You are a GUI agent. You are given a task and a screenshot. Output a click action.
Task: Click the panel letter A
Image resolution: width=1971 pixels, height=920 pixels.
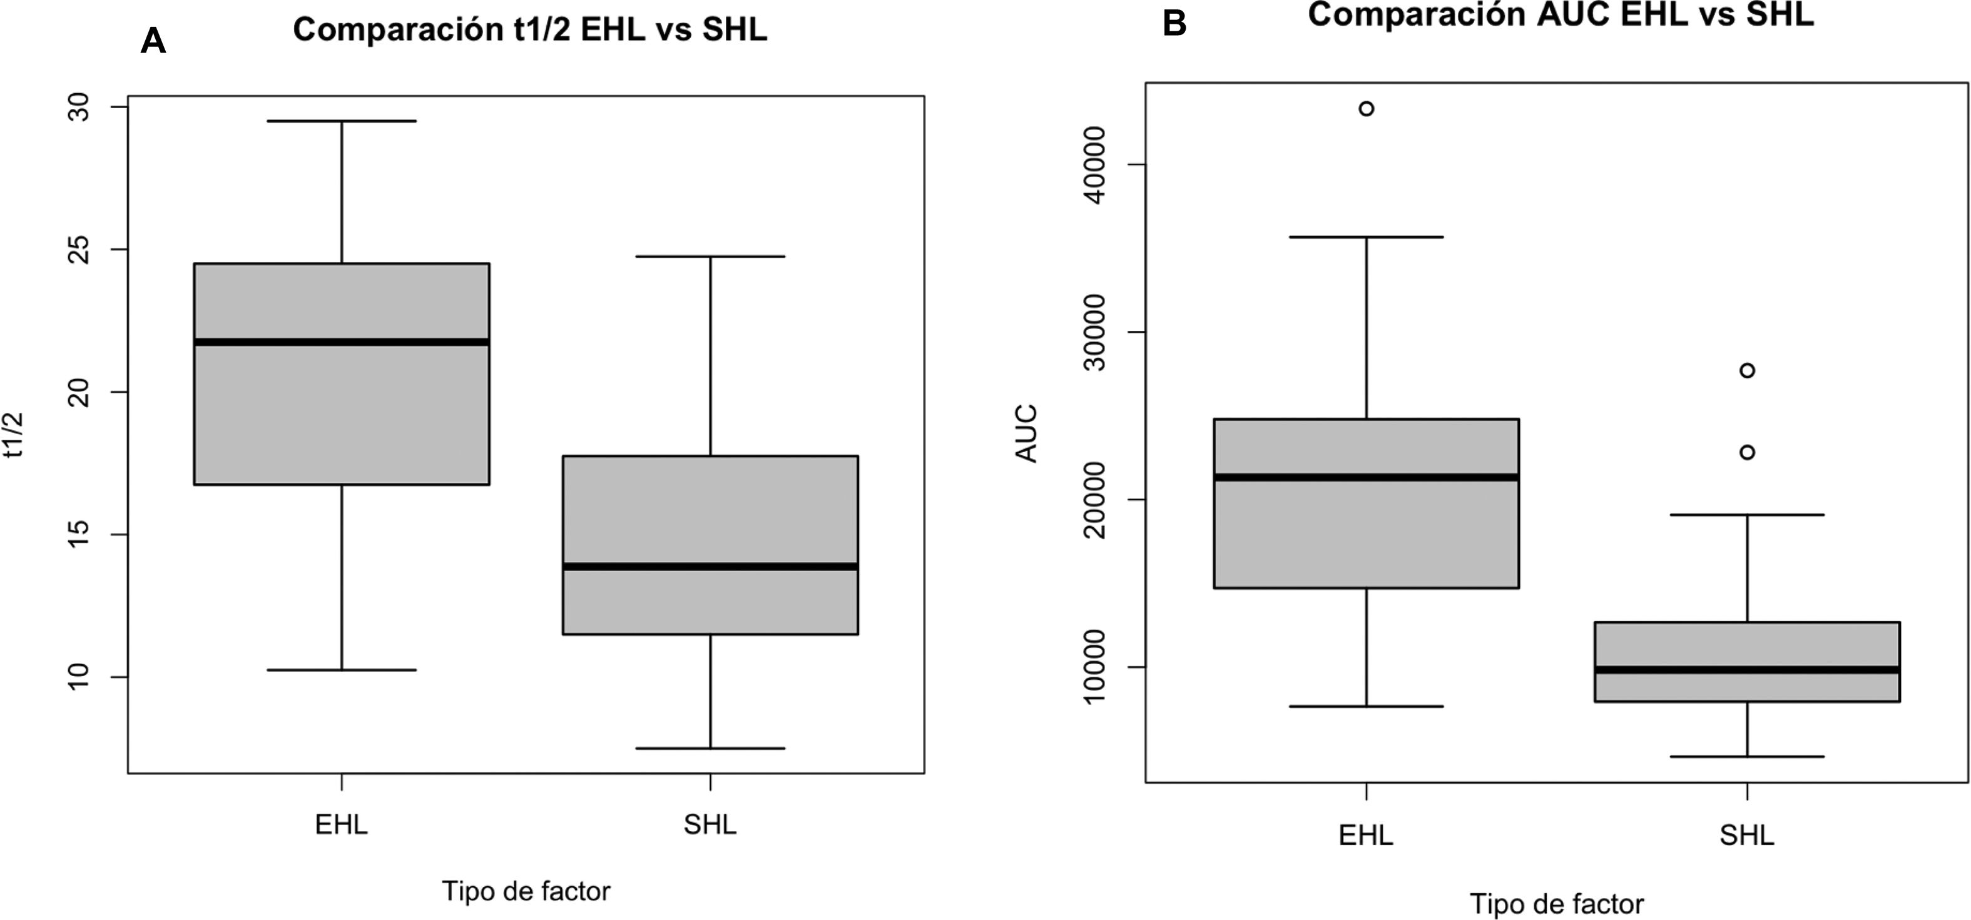coord(153,41)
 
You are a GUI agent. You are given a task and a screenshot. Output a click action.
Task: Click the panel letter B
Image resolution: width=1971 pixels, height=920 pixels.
coord(1174,24)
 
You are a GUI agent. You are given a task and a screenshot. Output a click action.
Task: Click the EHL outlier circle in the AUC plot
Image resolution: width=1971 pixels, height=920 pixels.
coord(1366,109)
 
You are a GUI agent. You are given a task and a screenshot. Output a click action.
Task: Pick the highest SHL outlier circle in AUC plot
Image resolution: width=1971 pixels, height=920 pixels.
coord(1747,371)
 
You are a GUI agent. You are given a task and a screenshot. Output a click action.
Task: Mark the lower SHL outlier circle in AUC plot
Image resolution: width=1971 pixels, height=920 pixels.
coord(1747,453)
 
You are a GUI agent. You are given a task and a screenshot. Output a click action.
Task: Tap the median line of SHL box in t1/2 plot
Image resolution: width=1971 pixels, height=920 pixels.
coord(710,567)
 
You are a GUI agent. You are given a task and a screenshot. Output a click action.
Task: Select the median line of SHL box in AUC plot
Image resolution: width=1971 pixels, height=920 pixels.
coord(1747,670)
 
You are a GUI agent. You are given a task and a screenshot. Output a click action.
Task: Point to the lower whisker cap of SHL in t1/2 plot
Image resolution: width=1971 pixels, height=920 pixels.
coord(710,748)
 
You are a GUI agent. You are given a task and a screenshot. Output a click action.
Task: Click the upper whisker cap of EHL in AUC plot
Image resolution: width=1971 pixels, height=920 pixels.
coord(1366,237)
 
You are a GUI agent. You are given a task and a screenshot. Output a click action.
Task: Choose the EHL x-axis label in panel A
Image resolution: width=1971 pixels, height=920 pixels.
coord(341,825)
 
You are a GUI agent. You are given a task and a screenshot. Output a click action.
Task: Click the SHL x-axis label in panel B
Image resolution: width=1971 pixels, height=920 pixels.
coord(1747,834)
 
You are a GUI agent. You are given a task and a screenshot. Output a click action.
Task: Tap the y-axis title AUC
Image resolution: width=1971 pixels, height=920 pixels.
coord(1026,433)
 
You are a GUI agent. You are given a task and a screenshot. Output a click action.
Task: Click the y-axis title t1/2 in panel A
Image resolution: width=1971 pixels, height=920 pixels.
coord(14,435)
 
